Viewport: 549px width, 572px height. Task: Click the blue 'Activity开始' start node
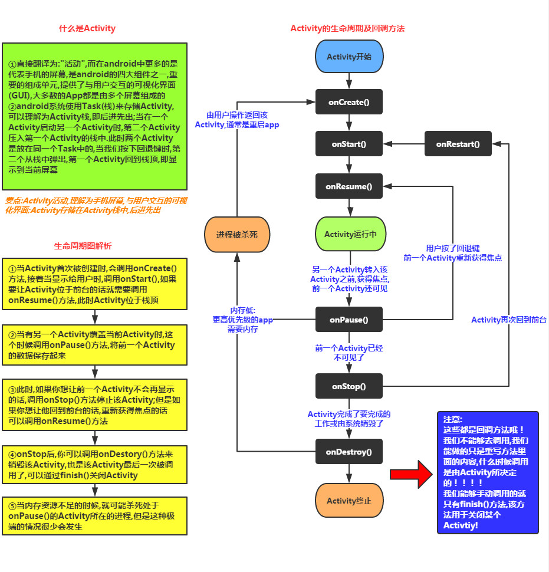(x=349, y=57)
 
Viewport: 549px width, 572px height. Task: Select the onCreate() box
(x=349, y=102)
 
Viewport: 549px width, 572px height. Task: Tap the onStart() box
(x=349, y=144)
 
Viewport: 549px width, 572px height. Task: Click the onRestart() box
(x=458, y=144)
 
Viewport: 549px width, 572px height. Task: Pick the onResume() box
(x=349, y=186)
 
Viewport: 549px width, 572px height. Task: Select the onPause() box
(x=349, y=320)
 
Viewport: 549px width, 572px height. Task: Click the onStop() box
(x=349, y=387)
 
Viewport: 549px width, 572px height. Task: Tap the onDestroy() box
(x=349, y=452)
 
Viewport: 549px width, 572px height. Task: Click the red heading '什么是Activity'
(x=87, y=28)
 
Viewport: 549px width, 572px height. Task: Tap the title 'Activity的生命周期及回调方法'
(x=347, y=28)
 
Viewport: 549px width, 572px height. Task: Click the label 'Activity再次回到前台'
(x=508, y=320)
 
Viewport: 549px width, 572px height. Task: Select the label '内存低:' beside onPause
(x=242, y=310)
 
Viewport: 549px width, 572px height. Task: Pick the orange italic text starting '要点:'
(x=96, y=205)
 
